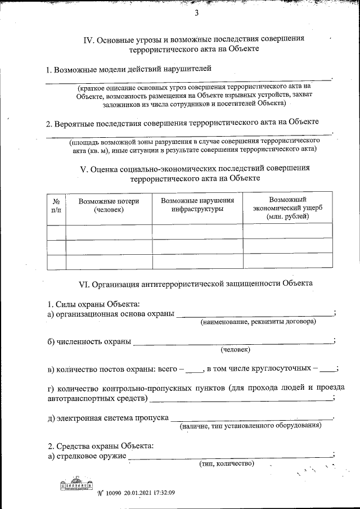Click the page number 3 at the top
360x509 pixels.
pos(196,14)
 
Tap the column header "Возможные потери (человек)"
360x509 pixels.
pos(109,205)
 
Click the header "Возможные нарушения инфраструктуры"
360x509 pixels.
pos(197,205)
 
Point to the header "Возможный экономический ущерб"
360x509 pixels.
pos(287,208)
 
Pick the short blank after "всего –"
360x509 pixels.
pos(194,370)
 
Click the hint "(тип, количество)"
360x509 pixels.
pos(227,464)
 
